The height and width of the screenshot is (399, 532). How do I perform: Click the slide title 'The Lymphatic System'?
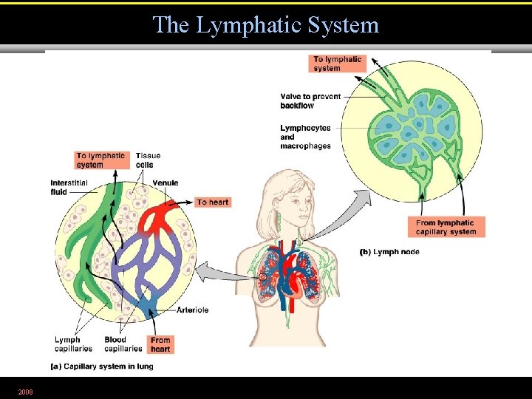pyautogui.click(x=265, y=25)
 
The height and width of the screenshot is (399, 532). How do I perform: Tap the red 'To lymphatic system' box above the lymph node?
pyautogui.click(x=337, y=64)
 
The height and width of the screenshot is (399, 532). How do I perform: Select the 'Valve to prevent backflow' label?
pyautogui.click(x=310, y=101)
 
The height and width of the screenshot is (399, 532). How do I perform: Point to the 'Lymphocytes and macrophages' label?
pyautogui.click(x=305, y=137)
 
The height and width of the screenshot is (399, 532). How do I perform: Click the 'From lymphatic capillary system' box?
pyautogui.click(x=446, y=227)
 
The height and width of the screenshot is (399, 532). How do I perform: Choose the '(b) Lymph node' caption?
pyautogui.click(x=389, y=252)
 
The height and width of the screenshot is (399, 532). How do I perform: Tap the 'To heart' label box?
pyautogui.click(x=213, y=202)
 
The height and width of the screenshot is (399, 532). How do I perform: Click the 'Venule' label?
pyautogui.click(x=165, y=183)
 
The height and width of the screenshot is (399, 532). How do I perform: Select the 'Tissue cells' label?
pyautogui.click(x=148, y=160)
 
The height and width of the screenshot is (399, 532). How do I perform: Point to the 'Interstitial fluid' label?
pyautogui.click(x=69, y=187)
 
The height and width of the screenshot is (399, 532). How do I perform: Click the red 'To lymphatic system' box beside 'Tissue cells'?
pyautogui.click(x=100, y=160)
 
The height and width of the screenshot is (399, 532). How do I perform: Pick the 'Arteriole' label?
pyautogui.click(x=192, y=310)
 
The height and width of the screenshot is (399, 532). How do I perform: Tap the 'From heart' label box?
pyautogui.click(x=160, y=345)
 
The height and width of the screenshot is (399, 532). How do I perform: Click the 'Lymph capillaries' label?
pyautogui.click(x=73, y=344)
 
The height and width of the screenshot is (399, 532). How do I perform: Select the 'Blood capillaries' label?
pyautogui.click(x=123, y=344)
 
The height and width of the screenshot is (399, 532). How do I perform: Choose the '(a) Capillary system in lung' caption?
pyautogui.click(x=101, y=366)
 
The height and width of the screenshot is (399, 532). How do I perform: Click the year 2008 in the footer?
pyautogui.click(x=25, y=391)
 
